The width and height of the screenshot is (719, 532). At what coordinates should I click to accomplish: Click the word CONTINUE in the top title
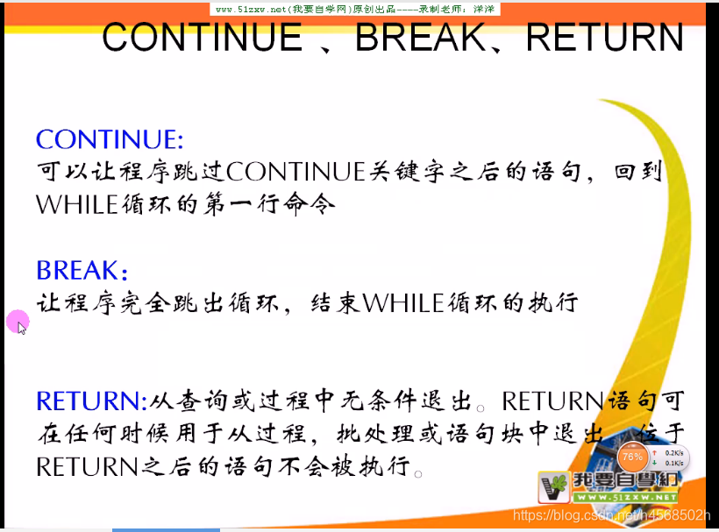[203, 38]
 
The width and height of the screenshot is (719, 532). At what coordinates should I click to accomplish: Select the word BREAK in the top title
[421, 38]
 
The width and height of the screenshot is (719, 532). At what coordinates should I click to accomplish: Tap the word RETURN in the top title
[605, 38]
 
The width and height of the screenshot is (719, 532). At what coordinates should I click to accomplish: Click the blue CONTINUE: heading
[110, 139]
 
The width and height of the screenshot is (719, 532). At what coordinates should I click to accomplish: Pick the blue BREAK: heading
[82, 270]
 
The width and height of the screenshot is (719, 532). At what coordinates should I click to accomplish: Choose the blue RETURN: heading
[92, 401]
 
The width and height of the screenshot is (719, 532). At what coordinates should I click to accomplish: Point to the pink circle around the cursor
[18, 322]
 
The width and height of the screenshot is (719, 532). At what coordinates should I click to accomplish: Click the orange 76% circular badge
[632, 457]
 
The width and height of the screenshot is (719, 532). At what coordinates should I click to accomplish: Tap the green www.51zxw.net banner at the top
[355, 9]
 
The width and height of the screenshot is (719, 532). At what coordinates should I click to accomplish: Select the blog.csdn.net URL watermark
[611, 515]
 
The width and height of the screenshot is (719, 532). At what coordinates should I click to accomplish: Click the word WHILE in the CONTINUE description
[77, 204]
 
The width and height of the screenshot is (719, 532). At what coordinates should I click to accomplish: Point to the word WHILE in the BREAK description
[403, 303]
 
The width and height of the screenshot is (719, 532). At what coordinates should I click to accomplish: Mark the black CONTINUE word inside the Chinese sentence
[295, 172]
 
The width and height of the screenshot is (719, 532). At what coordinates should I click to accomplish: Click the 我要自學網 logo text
[625, 480]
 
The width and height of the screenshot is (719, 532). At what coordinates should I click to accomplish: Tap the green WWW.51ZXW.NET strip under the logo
[624, 498]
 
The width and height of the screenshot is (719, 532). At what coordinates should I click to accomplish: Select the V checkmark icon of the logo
[554, 487]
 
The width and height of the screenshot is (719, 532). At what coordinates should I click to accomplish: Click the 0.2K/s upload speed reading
[674, 453]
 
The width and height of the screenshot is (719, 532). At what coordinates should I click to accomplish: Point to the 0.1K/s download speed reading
[674, 463]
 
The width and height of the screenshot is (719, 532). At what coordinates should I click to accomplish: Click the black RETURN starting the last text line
[87, 467]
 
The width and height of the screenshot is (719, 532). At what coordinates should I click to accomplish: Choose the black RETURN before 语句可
[552, 401]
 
